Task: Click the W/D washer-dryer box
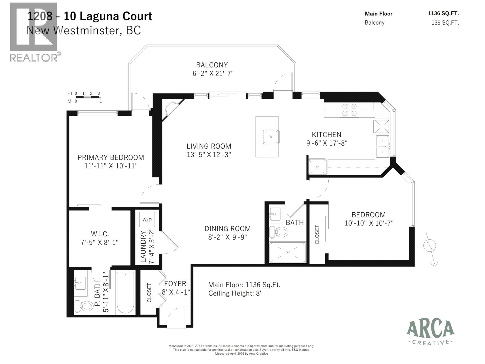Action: coord(147,220)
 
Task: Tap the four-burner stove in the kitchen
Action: coord(349,110)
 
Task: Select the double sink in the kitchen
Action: coord(383,147)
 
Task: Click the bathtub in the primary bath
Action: coord(125,292)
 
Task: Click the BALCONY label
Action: coord(212,65)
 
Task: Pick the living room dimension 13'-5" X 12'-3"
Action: coord(209,154)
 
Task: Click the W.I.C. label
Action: coord(100,234)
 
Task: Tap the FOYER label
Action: coord(175,284)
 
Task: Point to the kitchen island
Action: coord(267,137)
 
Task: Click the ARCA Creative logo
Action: coord(430,332)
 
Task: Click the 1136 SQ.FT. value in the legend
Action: coord(443,13)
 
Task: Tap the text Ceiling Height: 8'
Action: coord(235,293)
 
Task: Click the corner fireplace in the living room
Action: coord(171,109)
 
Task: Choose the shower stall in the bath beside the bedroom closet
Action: coord(288,252)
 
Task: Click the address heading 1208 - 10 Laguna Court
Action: coord(90,16)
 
